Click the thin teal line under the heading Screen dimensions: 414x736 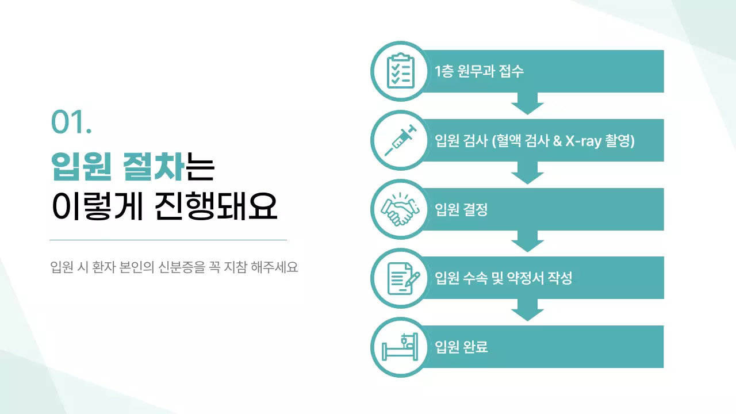coord(168,240)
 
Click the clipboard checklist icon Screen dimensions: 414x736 coord(400,71)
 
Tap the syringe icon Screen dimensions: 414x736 coord(400,140)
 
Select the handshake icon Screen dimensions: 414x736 coord(400,209)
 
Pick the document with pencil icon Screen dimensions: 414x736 coord(400,278)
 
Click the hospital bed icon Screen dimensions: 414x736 coord(400,347)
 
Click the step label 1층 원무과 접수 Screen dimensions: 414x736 coord(480,72)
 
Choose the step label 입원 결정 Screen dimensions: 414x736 coord(461,210)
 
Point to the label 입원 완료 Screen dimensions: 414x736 coord(462,347)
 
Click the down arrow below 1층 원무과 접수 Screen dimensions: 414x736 coord(527,104)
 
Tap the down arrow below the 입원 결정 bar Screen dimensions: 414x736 coord(527,241)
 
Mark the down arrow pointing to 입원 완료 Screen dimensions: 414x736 coord(527,310)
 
